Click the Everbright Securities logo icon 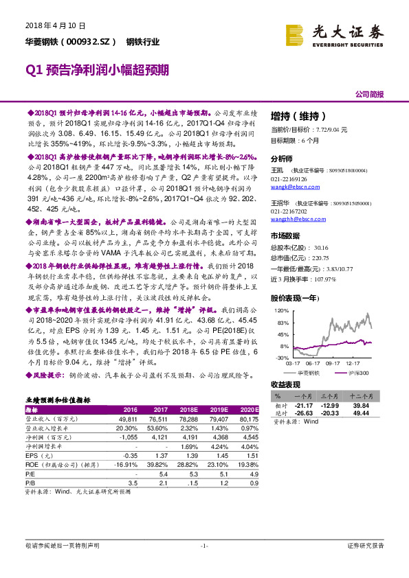[296, 35]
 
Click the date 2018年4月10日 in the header [55, 25]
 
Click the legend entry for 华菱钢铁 [308, 372]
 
